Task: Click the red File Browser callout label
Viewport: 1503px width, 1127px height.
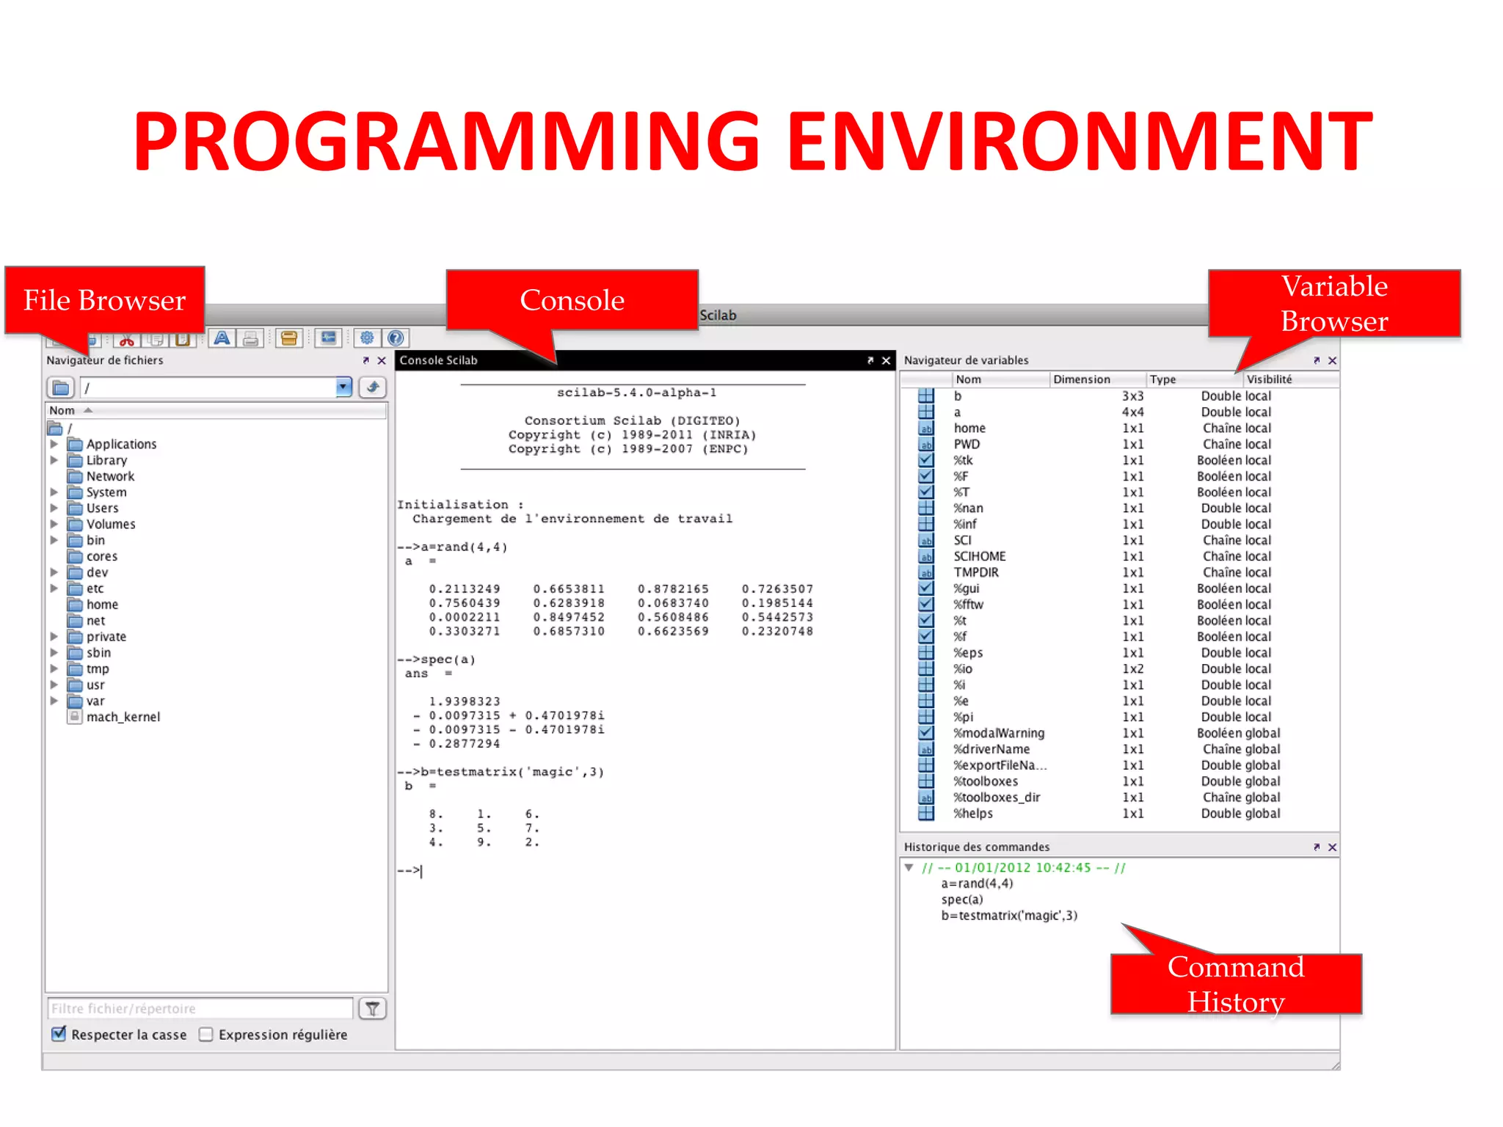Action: [104, 300]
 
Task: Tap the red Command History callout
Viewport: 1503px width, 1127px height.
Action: [1236, 984]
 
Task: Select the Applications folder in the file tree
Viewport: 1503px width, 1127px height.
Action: [121, 444]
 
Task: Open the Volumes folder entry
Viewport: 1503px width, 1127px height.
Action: [111, 524]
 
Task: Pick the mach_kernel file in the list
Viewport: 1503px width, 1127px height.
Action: [123, 717]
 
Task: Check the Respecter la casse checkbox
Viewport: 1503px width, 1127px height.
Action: [59, 1034]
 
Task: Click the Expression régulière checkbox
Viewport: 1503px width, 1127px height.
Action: [206, 1034]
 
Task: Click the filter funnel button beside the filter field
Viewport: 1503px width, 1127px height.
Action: [372, 1009]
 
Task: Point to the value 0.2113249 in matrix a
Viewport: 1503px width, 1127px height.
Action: [465, 589]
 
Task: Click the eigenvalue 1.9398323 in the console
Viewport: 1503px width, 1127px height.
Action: [465, 701]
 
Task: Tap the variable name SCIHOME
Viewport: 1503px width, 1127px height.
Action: [980, 556]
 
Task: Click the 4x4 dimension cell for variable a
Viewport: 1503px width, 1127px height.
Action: [1132, 412]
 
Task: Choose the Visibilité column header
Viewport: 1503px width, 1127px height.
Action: [1269, 379]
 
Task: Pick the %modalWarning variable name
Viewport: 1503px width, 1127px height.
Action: [999, 733]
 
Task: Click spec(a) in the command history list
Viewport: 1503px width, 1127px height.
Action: [962, 900]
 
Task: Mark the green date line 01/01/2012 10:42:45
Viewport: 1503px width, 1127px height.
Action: [1024, 867]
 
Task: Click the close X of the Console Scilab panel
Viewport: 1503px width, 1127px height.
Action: [886, 360]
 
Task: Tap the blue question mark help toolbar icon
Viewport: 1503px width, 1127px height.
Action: [396, 338]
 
